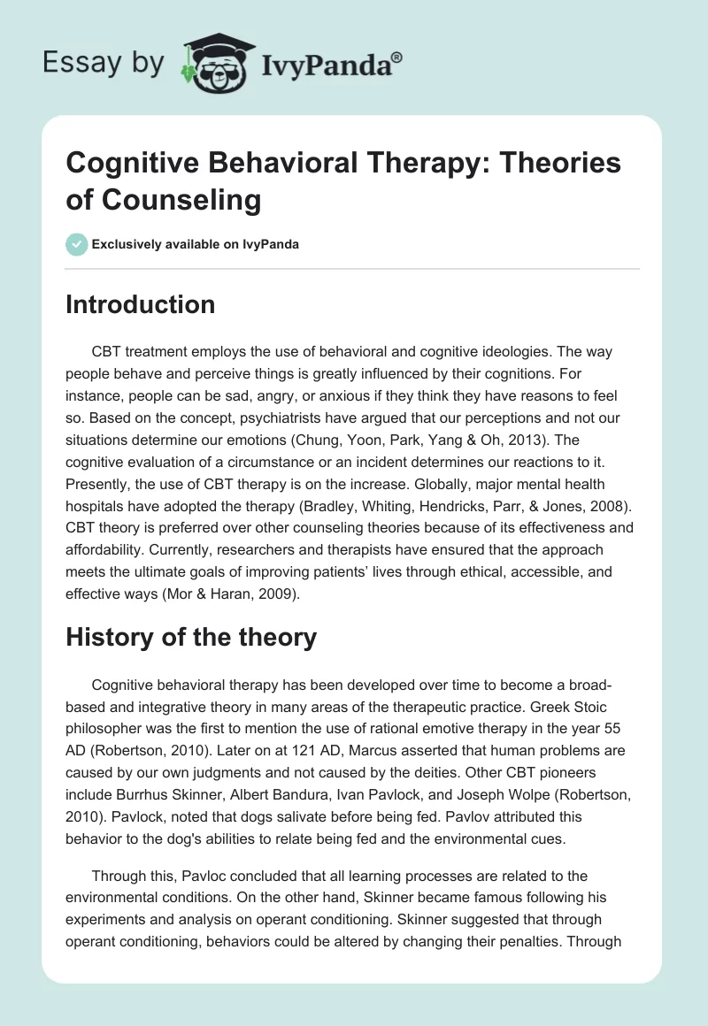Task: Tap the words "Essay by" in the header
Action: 104,63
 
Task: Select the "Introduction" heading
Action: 140,304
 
